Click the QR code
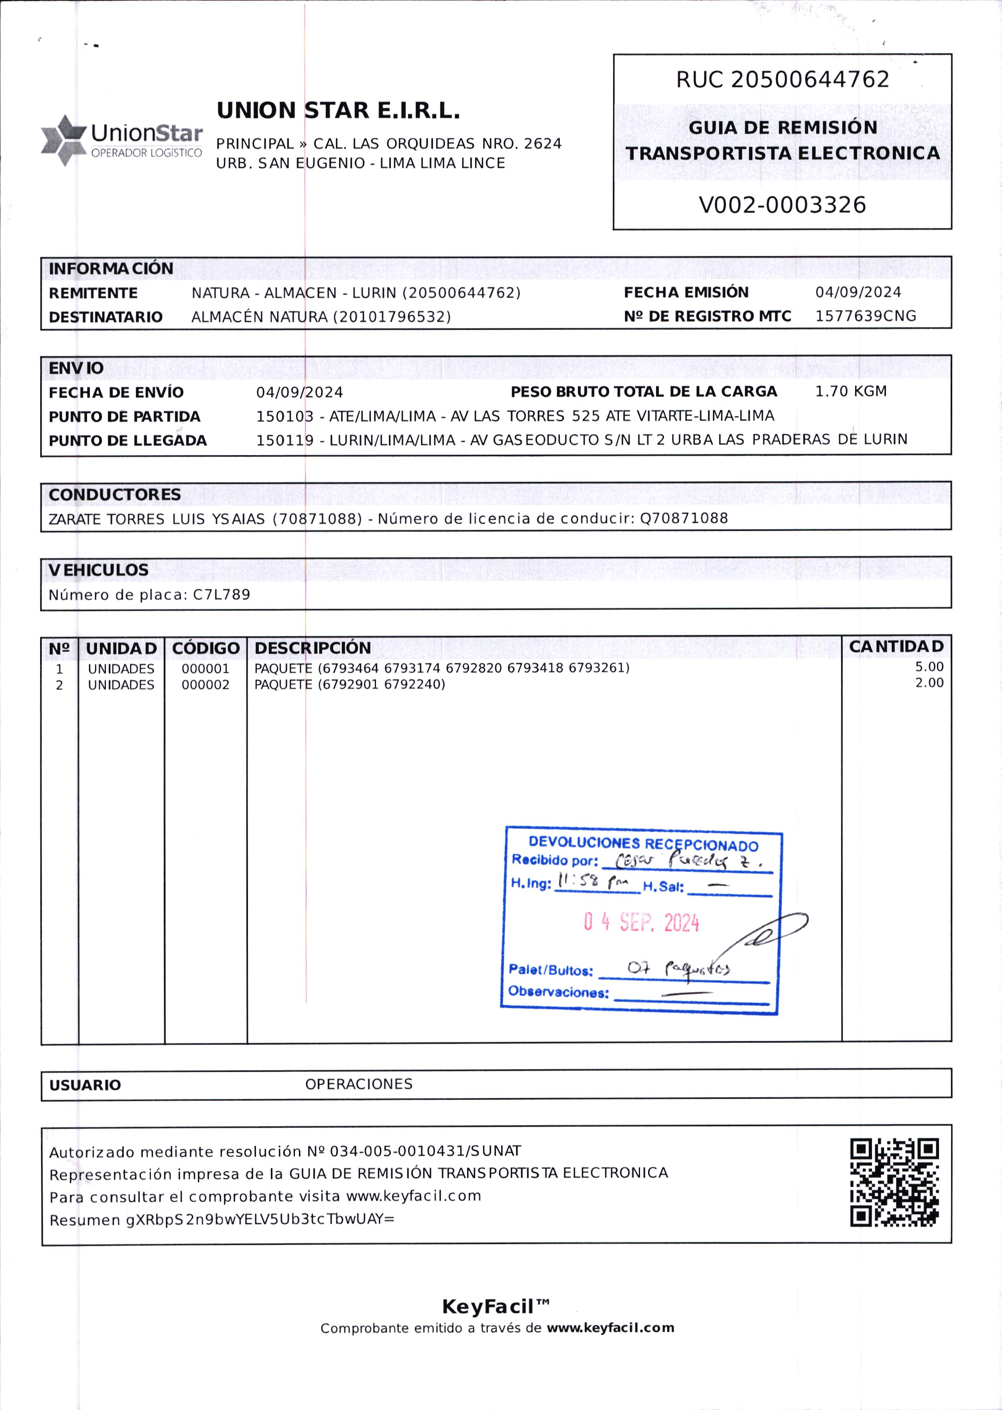pyautogui.click(x=894, y=1182)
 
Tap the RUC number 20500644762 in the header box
pyautogui.click(x=809, y=79)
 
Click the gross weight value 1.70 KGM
pyautogui.click(x=850, y=391)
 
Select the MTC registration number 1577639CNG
pyautogui.click(x=865, y=316)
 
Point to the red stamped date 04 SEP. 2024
pyautogui.click(x=641, y=922)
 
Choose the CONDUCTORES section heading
pyautogui.click(x=115, y=495)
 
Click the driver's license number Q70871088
pyautogui.click(x=684, y=518)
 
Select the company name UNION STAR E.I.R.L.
pyautogui.click(x=338, y=110)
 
